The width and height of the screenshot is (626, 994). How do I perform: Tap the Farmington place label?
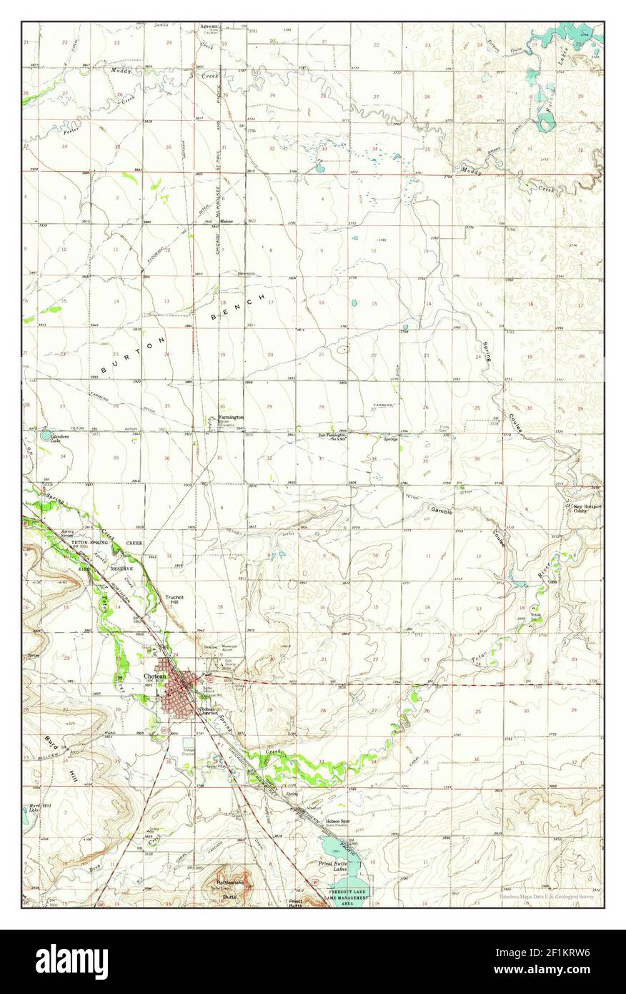tap(231, 417)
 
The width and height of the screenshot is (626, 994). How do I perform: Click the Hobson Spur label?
tap(335, 822)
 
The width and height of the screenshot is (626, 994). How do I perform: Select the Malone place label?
tap(227, 221)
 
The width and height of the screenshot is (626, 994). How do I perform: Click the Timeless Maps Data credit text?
tap(546, 895)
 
